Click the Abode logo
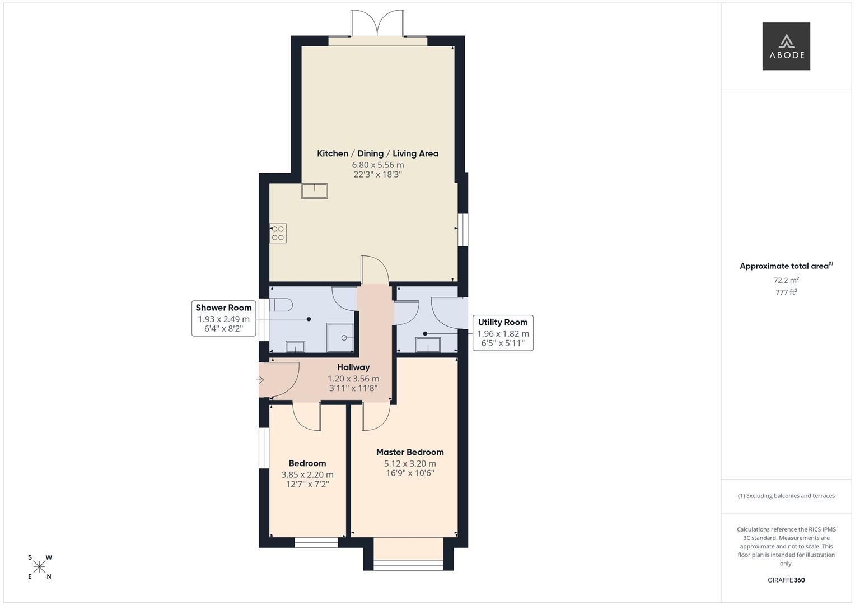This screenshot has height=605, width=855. tap(786, 46)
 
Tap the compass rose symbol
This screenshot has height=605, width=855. tap(40, 567)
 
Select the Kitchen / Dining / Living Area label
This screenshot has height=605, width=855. tap(377, 153)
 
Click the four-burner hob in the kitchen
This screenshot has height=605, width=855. tap(278, 233)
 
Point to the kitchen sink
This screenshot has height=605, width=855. tap(314, 191)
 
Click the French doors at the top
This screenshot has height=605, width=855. tap(377, 25)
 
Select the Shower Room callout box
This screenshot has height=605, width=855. tap(223, 318)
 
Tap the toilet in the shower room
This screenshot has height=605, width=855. tap(281, 305)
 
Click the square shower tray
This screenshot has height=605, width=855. tap(340, 338)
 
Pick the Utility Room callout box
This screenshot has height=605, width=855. tap(502, 333)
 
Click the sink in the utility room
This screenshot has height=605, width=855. tap(428, 345)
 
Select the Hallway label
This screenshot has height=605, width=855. tap(353, 367)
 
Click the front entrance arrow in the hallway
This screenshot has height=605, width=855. tap(260, 380)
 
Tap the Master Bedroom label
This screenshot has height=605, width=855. tap(410, 452)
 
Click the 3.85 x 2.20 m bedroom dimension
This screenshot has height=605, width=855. tap(307, 474)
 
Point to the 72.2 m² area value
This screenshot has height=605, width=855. tap(786, 280)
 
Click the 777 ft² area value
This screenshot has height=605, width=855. tap(786, 292)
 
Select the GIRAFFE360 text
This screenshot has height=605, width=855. tap(786, 580)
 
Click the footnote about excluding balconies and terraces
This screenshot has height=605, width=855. tap(786, 496)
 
